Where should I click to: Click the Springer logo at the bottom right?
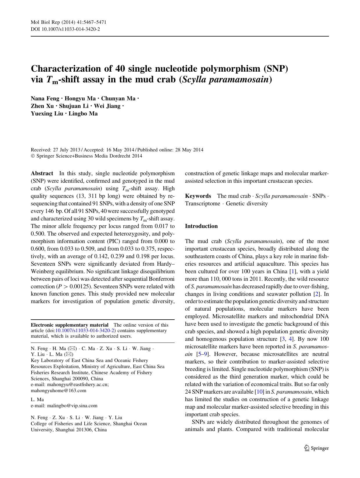(x=316, y=448)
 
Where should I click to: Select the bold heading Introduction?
(x=201, y=226)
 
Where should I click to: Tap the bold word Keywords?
(x=198, y=196)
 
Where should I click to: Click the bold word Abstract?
(x=42, y=173)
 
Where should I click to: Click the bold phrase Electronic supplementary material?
(x=70, y=325)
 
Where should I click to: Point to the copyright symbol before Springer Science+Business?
(x=33, y=156)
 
